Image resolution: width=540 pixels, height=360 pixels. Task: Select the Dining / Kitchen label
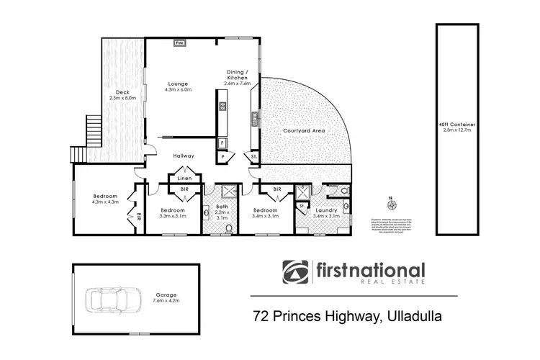pos(238,77)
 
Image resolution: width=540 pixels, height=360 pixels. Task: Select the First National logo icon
pos(295,273)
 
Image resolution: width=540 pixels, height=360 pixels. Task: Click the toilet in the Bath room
pos(229,228)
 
